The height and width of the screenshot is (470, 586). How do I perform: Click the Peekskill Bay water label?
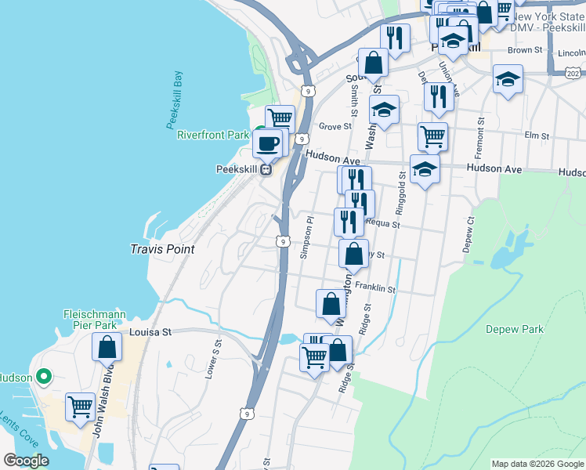175,99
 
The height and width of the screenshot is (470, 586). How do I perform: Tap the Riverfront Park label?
212,135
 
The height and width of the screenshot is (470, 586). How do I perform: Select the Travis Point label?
161,248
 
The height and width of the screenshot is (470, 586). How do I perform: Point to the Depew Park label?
514,330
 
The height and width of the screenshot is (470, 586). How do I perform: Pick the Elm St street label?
537,136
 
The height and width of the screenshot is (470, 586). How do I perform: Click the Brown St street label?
525,50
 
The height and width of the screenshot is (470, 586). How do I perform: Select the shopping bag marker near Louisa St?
107,346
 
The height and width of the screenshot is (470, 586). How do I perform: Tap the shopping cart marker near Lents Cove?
80,407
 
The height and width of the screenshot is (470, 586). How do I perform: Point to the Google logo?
26,461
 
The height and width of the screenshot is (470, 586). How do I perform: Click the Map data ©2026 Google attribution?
537,464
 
